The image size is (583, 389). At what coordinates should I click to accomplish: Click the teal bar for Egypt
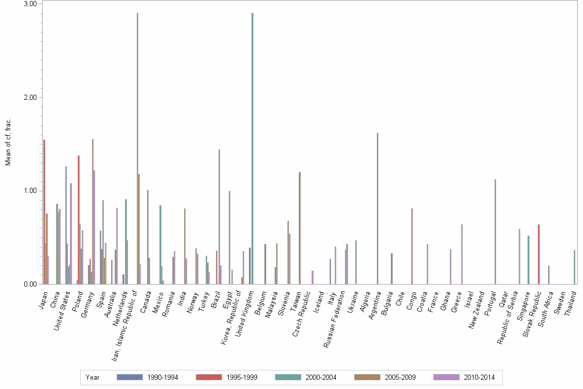pos(229,237)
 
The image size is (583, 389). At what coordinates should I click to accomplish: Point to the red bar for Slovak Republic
pos(538,254)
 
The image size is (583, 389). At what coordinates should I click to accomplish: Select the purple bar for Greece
pos(462,254)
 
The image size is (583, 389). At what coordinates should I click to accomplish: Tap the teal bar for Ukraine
pos(356,262)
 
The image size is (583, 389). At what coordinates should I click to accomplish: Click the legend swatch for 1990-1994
pos(130,377)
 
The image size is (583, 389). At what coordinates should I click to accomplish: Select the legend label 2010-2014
pos(479,377)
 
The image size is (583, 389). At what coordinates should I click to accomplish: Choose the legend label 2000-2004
pos(321,377)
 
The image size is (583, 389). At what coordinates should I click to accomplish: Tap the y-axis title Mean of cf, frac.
pos(8,142)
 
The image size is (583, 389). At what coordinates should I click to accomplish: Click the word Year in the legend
pos(93,377)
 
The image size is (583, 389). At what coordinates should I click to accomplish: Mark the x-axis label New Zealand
pos(477,307)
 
